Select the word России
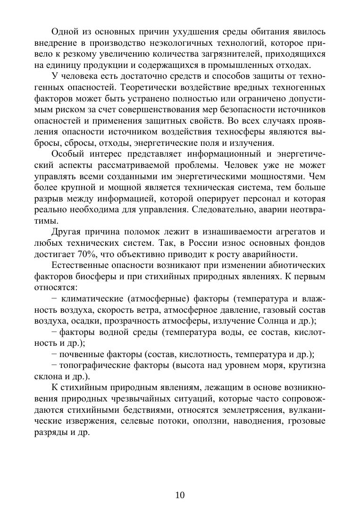click(x=202, y=243)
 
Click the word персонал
click(x=257, y=199)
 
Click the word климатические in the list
click(x=90, y=299)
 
